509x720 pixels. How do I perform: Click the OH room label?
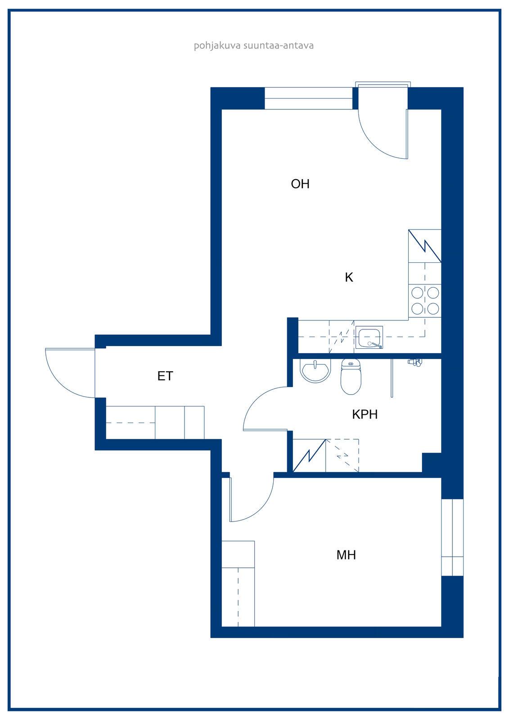[x=300, y=184]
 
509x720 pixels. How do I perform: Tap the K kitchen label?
[x=348, y=277]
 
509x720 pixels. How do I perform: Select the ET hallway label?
[x=165, y=376]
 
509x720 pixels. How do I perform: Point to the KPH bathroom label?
[x=365, y=414]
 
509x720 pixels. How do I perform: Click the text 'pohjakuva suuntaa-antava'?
[x=254, y=46]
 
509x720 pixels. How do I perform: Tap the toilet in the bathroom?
[x=351, y=376]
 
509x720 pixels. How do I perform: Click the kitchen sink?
[x=369, y=337]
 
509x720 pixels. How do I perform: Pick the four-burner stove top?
[x=425, y=301]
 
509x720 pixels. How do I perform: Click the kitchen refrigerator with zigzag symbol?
[x=425, y=246]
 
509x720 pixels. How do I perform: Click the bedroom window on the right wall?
[x=452, y=537]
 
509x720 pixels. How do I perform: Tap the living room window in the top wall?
[x=308, y=99]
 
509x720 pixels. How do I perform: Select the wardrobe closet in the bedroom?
[x=238, y=583]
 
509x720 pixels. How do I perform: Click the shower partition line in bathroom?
[x=392, y=378]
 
